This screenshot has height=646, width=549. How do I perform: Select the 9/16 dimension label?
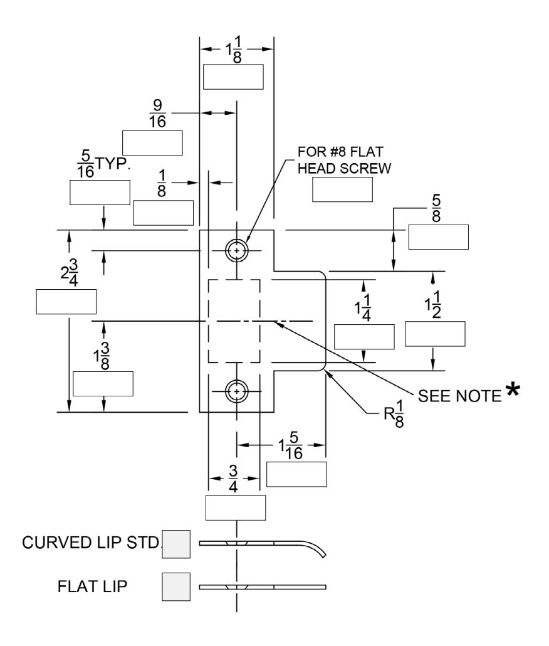pyautogui.click(x=158, y=114)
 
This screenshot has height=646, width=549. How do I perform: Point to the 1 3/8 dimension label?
pyautogui.click(x=102, y=356)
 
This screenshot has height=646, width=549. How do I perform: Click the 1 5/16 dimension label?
pyautogui.click(x=291, y=446)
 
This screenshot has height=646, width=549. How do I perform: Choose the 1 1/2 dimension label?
pyautogui.click(x=433, y=305)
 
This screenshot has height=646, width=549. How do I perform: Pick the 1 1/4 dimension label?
pyautogui.click(x=363, y=307)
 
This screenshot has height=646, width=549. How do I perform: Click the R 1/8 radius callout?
pyautogui.click(x=394, y=414)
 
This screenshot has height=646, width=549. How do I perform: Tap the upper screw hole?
pyautogui.click(x=237, y=250)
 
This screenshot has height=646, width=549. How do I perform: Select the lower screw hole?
pyautogui.click(x=237, y=391)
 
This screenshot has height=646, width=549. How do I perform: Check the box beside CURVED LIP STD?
pyautogui.click(x=176, y=544)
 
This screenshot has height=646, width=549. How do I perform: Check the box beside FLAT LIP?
pyautogui.click(x=176, y=586)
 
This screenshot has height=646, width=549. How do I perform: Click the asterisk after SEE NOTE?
pyautogui.click(x=513, y=389)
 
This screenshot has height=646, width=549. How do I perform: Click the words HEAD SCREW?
pyautogui.click(x=345, y=169)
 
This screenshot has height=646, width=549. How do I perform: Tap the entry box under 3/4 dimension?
pyautogui.click(x=236, y=507)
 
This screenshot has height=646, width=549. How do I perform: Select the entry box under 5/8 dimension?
pyautogui.click(x=438, y=237)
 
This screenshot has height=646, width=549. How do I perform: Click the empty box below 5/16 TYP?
pyautogui.click(x=100, y=193)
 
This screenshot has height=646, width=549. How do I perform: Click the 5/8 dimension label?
pyautogui.click(x=436, y=208)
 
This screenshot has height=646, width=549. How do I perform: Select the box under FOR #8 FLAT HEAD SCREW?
pyautogui.click(x=342, y=189)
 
